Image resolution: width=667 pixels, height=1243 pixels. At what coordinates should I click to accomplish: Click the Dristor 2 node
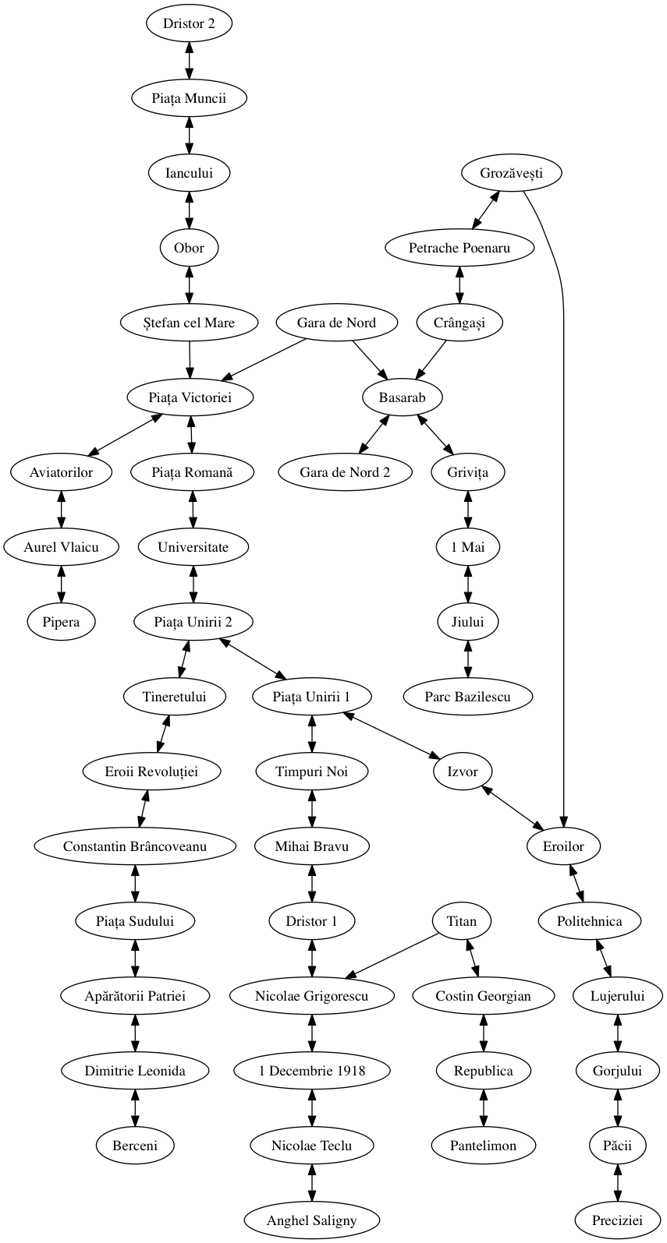pyautogui.click(x=189, y=23)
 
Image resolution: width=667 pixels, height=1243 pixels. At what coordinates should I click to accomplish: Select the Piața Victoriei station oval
pyautogui.click(x=190, y=397)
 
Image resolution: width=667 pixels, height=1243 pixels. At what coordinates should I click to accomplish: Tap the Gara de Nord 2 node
pyautogui.click(x=345, y=472)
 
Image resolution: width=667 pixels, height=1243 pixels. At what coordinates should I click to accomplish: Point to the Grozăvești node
pyautogui.click(x=512, y=173)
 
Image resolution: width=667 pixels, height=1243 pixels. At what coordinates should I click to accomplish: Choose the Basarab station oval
pyautogui.click(x=403, y=397)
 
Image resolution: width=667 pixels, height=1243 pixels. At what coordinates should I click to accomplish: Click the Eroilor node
pyautogui.click(x=563, y=846)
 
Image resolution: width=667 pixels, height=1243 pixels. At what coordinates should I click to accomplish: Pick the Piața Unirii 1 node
pyautogui.click(x=311, y=697)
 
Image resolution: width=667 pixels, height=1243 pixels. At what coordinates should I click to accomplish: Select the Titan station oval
pyautogui.click(x=461, y=921)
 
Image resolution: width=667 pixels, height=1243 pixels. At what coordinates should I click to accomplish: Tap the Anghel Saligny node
pyautogui.click(x=311, y=1220)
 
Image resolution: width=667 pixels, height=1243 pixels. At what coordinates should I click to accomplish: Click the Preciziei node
pyautogui.click(x=617, y=1220)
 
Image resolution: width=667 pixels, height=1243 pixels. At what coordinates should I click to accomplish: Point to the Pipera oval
pyautogui.click(x=62, y=622)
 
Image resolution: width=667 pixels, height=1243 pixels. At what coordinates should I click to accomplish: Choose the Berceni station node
pyautogui.click(x=135, y=1146)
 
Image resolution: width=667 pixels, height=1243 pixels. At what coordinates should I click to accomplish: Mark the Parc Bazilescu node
pyautogui.click(x=467, y=697)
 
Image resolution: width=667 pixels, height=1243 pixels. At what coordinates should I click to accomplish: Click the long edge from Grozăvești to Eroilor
pyautogui.click(x=562, y=468)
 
